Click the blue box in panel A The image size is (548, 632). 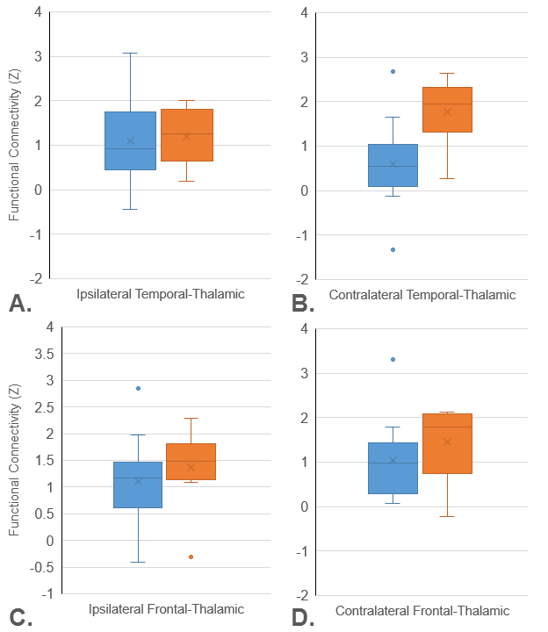click(x=130, y=140)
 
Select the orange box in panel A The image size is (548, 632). click(x=186, y=134)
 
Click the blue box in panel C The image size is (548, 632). click(x=138, y=485)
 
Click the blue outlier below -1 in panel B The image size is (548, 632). click(x=393, y=249)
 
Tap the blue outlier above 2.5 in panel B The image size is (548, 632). click(x=393, y=71)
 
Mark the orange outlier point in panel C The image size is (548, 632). click(x=191, y=557)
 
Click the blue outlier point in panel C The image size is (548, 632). click(x=138, y=388)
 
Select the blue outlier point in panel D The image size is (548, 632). click(x=393, y=359)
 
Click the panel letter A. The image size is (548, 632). click(x=19, y=304)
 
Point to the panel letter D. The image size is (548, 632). click(x=303, y=618)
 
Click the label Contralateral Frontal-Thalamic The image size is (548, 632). click(x=422, y=611)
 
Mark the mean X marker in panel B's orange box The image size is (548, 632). click(x=447, y=111)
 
